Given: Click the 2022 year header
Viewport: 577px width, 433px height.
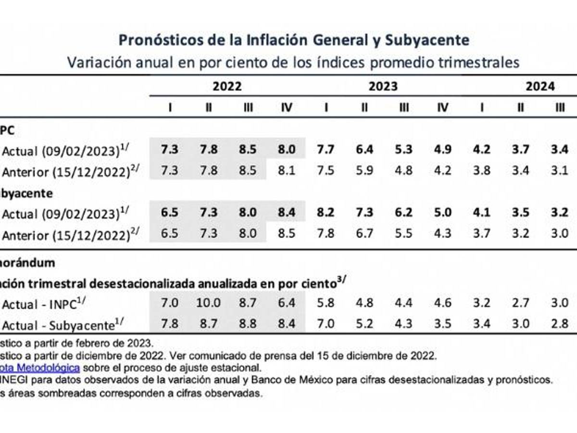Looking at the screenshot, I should coord(227,87).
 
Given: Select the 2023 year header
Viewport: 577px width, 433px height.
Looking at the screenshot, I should coord(383,87).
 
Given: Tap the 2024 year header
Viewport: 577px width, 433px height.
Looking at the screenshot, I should coord(539,87).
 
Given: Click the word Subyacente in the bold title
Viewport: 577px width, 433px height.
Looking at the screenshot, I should coord(427,39).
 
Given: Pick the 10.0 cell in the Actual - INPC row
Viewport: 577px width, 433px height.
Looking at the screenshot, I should coord(208,303).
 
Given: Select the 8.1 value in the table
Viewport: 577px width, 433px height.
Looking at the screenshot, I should coord(287,170).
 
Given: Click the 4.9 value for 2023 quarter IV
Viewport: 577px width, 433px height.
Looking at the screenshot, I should coord(442,149).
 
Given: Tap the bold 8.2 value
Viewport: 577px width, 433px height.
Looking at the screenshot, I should coord(326,213).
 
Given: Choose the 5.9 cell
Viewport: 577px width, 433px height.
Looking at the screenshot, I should coord(364,170).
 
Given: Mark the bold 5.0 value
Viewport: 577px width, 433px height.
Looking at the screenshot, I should coord(442,213).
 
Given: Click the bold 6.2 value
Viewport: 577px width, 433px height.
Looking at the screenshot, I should coord(403,213).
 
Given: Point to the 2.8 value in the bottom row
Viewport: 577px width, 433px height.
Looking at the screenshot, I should coord(559,323).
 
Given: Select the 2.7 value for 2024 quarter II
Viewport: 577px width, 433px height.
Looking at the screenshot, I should coord(520,303).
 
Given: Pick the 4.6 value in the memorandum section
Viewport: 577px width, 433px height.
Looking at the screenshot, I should coord(442,303).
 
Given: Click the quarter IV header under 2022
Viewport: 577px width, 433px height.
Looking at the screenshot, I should coord(287,107).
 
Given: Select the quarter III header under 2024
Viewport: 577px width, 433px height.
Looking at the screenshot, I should coord(559,107).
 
